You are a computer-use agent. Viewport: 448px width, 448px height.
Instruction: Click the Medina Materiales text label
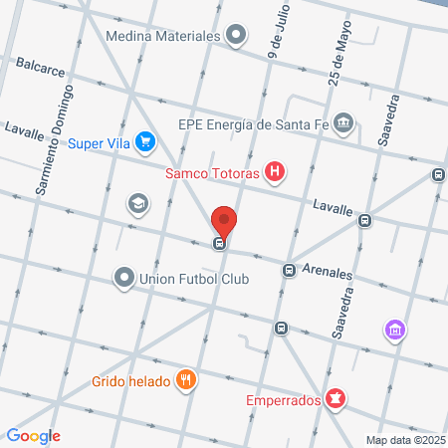pos(161,37)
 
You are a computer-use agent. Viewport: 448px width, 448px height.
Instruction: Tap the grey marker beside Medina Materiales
pos(236,37)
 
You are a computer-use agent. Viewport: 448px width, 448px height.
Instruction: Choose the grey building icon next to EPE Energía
pos(343,123)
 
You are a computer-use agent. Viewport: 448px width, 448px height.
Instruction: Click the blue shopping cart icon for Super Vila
pos(146,142)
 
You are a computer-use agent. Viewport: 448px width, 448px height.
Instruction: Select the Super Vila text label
pos(100,143)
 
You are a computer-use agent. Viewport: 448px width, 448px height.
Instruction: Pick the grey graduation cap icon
pos(137,204)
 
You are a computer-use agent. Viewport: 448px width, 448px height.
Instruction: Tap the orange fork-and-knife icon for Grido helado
pos(185,379)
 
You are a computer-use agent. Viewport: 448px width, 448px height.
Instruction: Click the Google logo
pos(33,435)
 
